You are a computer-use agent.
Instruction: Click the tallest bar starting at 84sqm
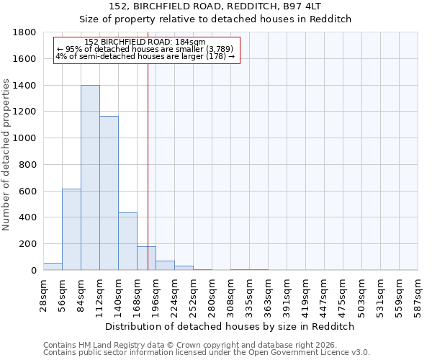tap(90, 178)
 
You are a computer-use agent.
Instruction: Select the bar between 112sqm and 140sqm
tap(109, 193)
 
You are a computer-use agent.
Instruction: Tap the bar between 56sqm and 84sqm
tap(71, 229)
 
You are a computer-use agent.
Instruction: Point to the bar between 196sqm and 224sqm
tap(165, 266)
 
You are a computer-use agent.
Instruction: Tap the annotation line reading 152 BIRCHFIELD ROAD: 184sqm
tap(145, 42)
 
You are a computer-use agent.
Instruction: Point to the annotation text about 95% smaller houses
tap(145, 49)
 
